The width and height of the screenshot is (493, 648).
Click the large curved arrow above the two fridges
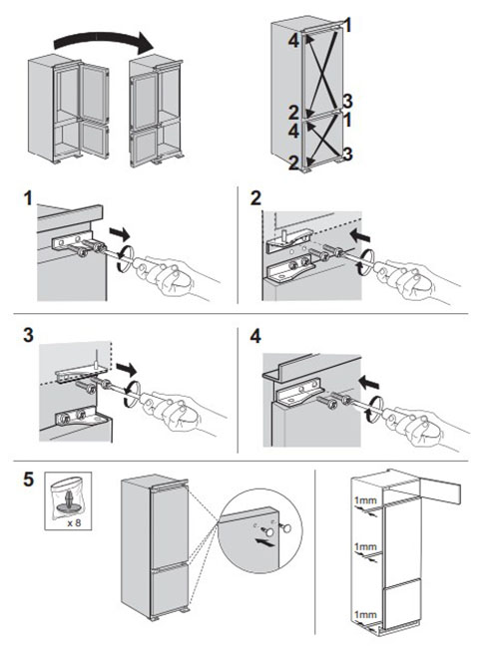[x=104, y=37]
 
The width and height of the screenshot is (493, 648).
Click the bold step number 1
[x=28, y=198]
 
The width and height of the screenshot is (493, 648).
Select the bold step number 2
[x=256, y=198]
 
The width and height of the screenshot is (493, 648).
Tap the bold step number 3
[x=28, y=336]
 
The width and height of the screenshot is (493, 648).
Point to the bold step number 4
[x=255, y=336]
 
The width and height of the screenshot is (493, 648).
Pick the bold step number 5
[x=28, y=480]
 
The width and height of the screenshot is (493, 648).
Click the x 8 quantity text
[x=75, y=522]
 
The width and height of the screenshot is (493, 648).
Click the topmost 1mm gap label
[x=365, y=500]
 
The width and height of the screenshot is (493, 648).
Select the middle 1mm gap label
[x=365, y=547]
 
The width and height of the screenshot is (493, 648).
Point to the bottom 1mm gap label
[x=365, y=615]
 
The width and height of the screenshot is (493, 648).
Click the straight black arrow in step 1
[x=120, y=233]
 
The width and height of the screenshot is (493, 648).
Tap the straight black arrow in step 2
[x=360, y=236]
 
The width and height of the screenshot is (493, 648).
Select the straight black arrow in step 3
[x=126, y=369]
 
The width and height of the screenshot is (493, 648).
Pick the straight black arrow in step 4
[x=369, y=383]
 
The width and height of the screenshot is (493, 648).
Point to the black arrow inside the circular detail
[x=264, y=542]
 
